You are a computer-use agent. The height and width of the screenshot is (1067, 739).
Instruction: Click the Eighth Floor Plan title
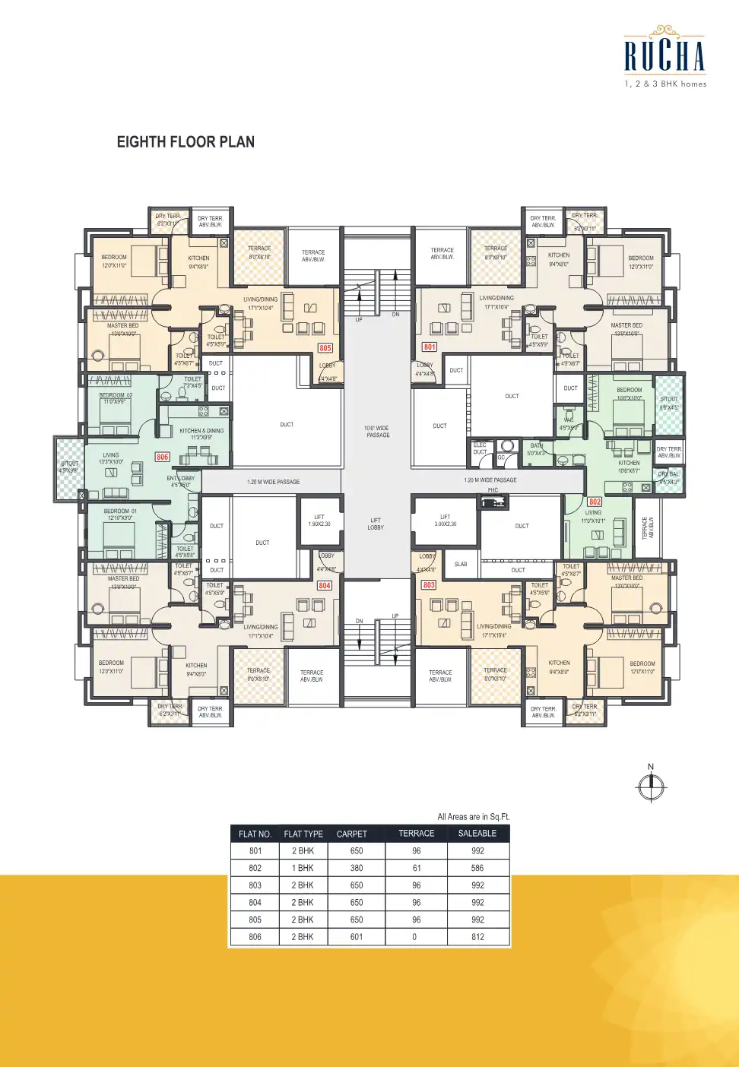pyautogui.click(x=186, y=142)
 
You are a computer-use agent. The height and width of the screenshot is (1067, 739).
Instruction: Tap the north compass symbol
pyautogui.click(x=651, y=787)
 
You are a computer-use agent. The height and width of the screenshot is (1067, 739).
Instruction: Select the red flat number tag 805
pyautogui.click(x=325, y=348)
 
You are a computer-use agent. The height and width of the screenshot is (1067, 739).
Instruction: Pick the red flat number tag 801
pyautogui.click(x=430, y=347)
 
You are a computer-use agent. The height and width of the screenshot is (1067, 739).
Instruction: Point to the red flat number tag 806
pyautogui.click(x=163, y=457)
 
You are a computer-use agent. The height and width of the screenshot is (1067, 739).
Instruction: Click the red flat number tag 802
pyautogui.click(x=595, y=502)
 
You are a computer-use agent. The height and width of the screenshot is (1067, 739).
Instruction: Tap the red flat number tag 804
pyautogui.click(x=325, y=585)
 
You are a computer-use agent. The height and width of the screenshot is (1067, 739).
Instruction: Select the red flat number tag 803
pyautogui.click(x=429, y=585)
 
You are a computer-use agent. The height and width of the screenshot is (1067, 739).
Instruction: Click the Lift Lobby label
pyautogui.click(x=376, y=524)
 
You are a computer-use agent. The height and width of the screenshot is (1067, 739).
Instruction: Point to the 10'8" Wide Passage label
pyautogui.click(x=377, y=432)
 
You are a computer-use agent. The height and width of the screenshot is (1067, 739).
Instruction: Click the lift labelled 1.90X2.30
pyautogui.click(x=319, y=521)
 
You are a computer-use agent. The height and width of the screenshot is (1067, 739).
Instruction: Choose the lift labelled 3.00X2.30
pyautogui.click(x=446, y=521)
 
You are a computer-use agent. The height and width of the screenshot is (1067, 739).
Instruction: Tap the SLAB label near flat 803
pyautogui.click(x=461, y=564)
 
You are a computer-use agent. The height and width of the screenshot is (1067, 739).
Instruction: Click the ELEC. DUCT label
pyautogui.click(x=480, y=448)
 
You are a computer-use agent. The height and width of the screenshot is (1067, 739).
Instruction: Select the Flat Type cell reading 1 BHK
pyautogui.click(x=303, y=868)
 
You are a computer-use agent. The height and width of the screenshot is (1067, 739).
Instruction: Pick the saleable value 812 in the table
pyautogui.click(x=477, y=937)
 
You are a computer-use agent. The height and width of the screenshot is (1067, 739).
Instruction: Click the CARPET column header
pyautogui.click(x=352, y=834)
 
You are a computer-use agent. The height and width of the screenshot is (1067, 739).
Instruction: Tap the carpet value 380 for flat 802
pyautogui.click(x=357, y=868)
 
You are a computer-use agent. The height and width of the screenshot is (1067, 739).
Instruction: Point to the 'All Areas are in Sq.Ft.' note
pyautogui.click(x=473, y=817)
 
